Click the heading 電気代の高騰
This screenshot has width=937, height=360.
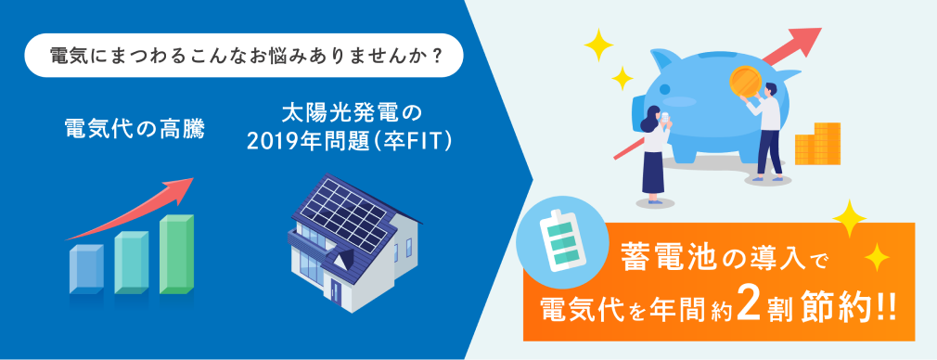pos(135,130)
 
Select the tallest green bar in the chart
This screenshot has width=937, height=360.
pos(176,253)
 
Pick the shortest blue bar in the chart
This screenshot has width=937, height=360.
pos(86,269)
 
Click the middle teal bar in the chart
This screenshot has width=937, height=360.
pos(132,263)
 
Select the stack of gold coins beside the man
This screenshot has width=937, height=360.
pos(817,144)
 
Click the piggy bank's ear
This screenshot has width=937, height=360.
pos(664,58)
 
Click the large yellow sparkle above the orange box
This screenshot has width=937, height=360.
pos(849,218)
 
